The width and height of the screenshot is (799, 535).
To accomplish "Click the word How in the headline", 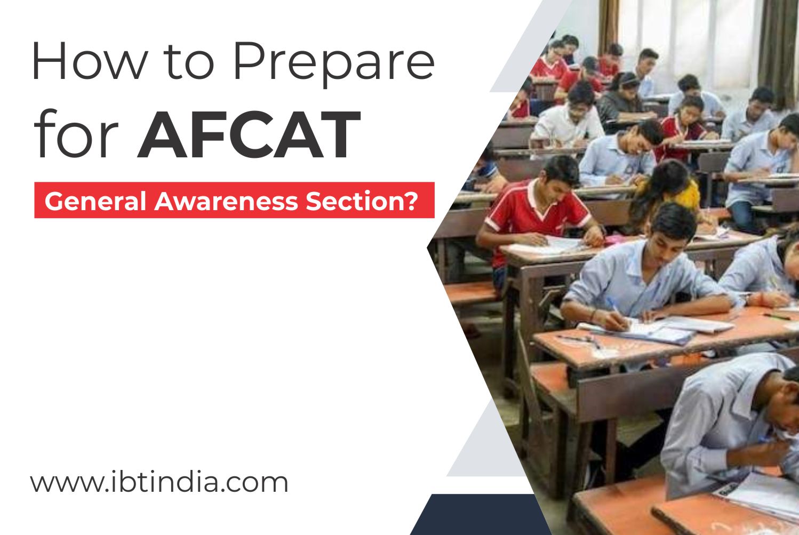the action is pyautogui.click(x=90, y=61).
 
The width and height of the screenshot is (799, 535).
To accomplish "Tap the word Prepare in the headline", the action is pyautogui.click(x=334, y=64).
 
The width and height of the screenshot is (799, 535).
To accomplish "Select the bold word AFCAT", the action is pyautogui.click(x=249, y=134).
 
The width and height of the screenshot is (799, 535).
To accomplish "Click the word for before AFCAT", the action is pyautogui.click(x=75, y=133).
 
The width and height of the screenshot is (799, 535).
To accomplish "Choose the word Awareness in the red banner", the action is pyautogui.click(x=226, y=201).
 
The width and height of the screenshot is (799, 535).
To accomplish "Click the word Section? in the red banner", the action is pyautogui.click(x=362, y=201).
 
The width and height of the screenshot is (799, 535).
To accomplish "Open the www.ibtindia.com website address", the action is pyautogui.click(x=159, y=482).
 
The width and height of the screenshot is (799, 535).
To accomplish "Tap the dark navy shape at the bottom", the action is pyautogui.click(x=480, y=514).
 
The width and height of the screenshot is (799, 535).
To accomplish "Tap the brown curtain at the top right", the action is pyautogui.click(x=778, y=50).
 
